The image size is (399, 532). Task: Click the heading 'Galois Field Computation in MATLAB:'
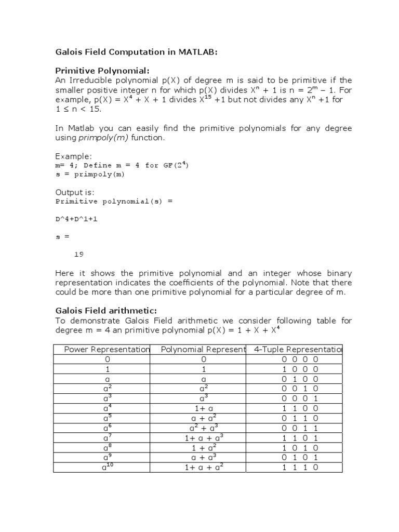[x=137, y=52]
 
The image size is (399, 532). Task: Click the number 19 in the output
[x=79, y=255]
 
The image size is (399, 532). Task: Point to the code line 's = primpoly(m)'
[x=90, y=174]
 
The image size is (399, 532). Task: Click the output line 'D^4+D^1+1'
[x=76, y=219]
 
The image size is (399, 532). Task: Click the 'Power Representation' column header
[x=107, y=350]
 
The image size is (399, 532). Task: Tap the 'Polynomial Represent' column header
[x=203, y=350]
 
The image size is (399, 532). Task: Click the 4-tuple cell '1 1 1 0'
[x=300, y=468]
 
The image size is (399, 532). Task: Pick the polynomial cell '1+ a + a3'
[x=204, y=438]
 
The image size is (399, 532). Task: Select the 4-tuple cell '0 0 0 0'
[x=300, y=360]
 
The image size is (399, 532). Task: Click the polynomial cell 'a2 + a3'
[x=204, y=428]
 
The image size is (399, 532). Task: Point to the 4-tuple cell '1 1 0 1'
[x=300, y=438]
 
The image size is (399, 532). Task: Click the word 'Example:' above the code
[x=73, y=156]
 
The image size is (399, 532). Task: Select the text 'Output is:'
[x=75, y=192]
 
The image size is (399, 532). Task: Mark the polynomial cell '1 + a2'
[x=204, y=448]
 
